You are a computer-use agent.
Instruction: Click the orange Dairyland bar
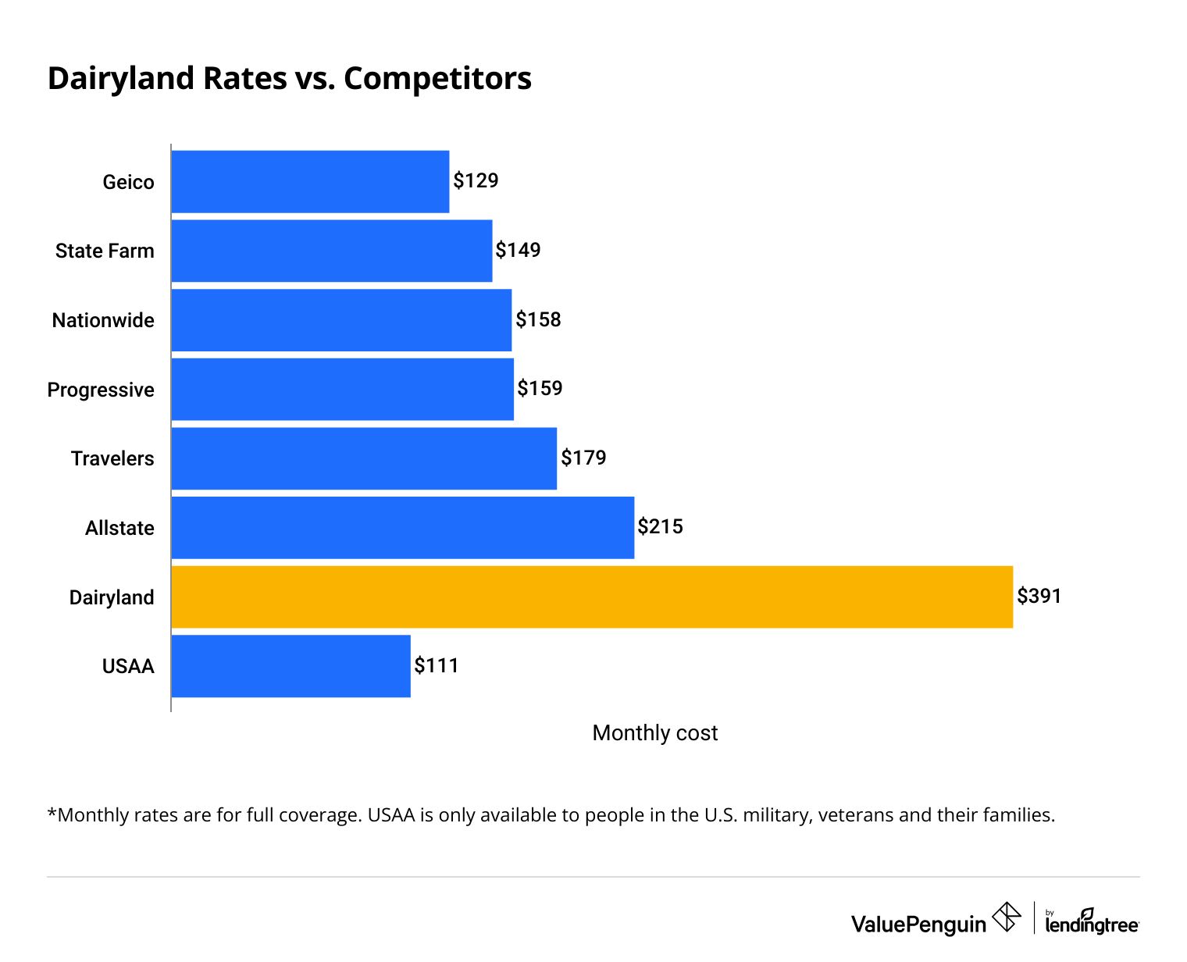(x=591, y=597)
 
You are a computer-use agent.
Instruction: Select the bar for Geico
(x=310, y=181)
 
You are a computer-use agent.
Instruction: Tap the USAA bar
(x=291, y=666)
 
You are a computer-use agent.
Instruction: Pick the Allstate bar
(x=402, y=528)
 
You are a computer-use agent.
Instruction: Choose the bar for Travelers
(x=364, y=458)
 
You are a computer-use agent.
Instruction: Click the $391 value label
(x=1039, y=597)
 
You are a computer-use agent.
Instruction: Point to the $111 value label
(x=437, y=666)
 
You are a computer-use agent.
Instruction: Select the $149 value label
(x=518, y=250)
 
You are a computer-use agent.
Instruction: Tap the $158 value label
(x=538, y=319)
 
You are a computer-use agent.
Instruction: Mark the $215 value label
(x=660, y=527)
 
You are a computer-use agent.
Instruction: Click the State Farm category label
(x=105, y=251)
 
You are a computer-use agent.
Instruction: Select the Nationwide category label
(x=103, y=320)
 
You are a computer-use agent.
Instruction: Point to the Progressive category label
(x=101, y=390)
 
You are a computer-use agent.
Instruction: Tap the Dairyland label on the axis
(x=112, y=597)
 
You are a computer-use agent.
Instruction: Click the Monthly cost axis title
(x=654, y=732)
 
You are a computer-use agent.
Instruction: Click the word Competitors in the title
(x=437, y=79)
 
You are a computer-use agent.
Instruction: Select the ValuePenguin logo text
(x=918, y=925)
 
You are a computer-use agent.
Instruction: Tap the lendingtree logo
(x=1092, y=922)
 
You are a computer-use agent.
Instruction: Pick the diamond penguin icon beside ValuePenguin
(x=1007, y=917)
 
